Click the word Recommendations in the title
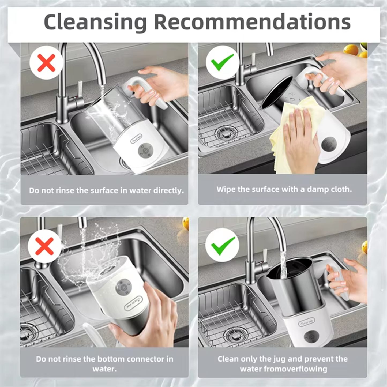point(253,22)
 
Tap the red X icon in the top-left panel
point(46,63)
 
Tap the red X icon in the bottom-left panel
point(44,246)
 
